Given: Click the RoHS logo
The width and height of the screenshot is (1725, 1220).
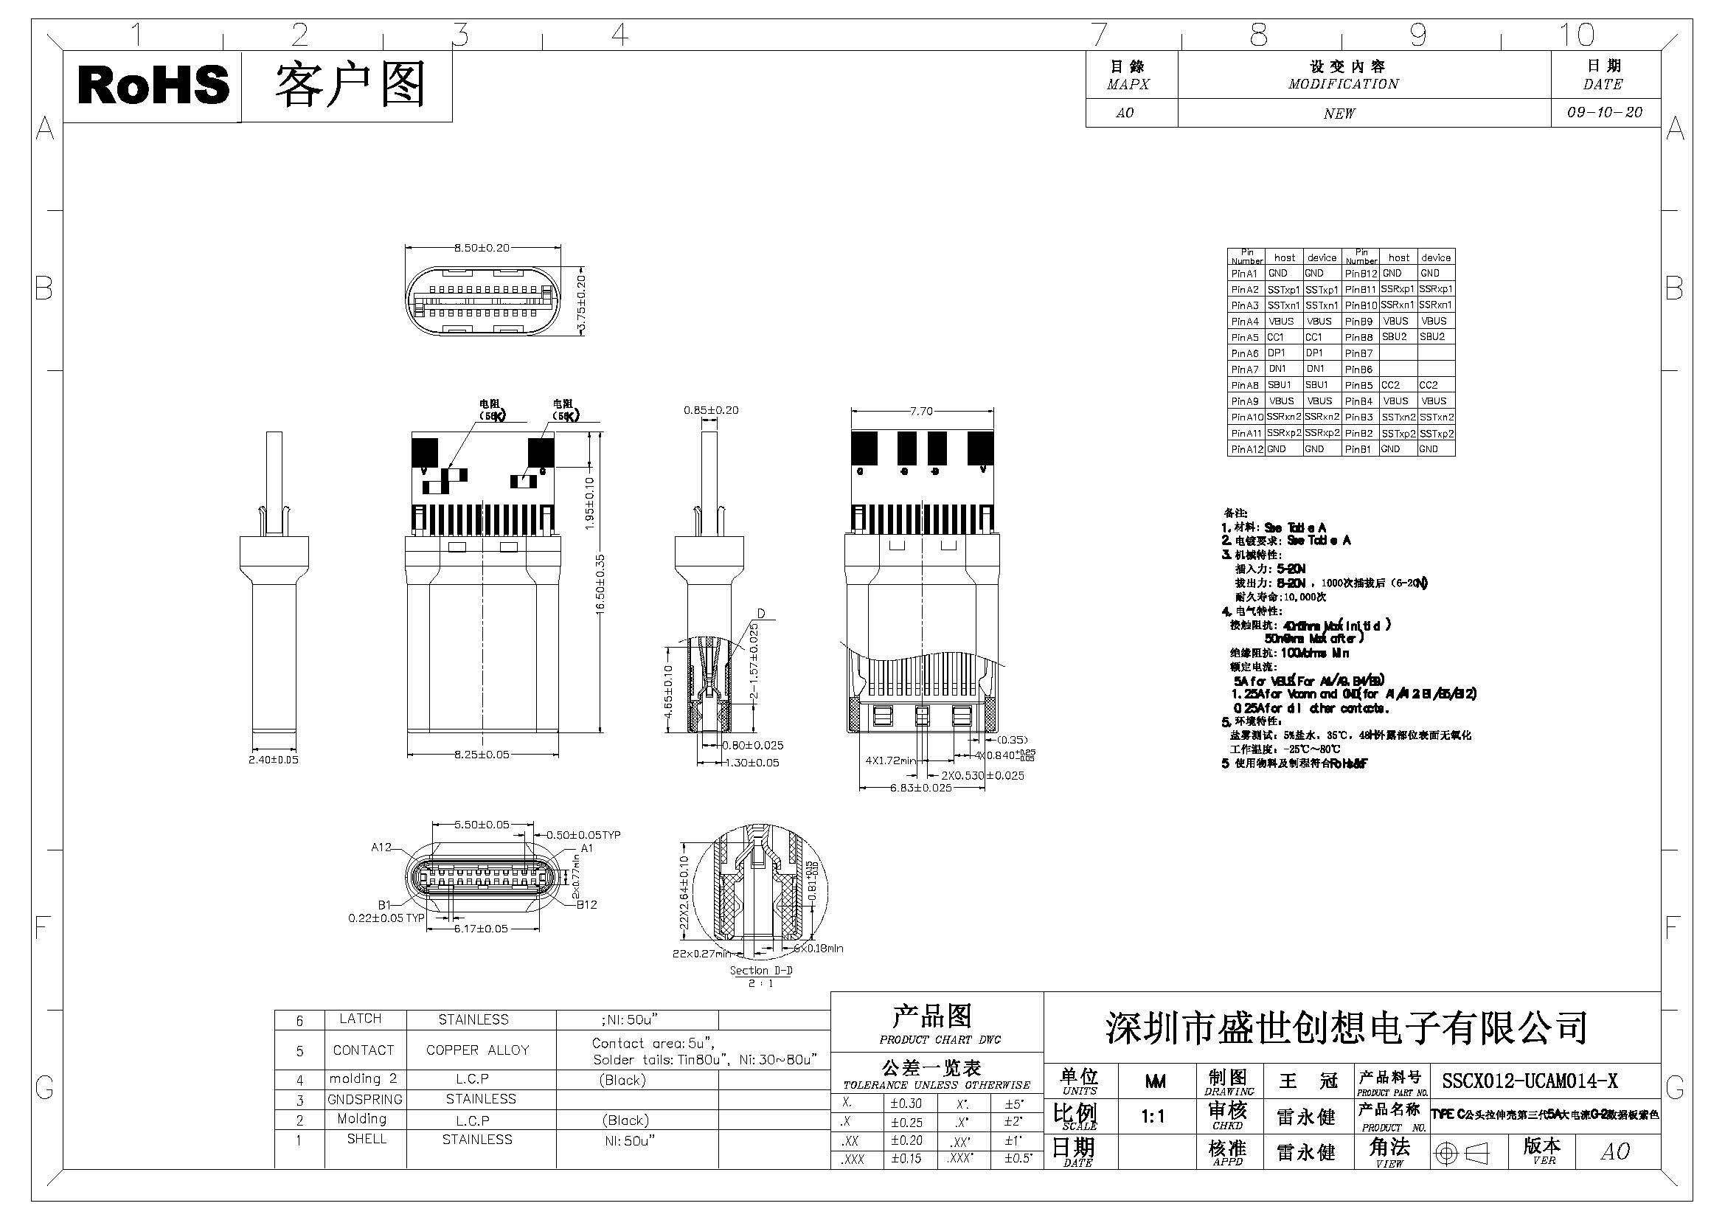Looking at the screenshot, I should [153, 85].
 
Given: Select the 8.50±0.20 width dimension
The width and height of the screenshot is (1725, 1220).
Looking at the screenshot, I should [482, 248].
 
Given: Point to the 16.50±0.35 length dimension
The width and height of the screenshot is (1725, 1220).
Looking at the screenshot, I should [600, 585].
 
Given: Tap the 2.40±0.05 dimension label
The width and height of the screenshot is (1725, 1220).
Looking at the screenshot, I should [274, 760].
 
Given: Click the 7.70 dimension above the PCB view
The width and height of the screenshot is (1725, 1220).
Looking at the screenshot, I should [921, 411].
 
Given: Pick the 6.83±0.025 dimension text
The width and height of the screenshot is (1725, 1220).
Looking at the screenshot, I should [921, 787].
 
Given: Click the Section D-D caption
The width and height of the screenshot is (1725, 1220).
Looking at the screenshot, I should [760, 970].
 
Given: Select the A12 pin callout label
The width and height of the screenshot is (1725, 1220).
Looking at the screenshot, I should [382, 848].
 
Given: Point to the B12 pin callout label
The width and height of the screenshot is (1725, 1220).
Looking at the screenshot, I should [587, 904].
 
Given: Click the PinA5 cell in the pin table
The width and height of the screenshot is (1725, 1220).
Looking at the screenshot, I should [1245, 337].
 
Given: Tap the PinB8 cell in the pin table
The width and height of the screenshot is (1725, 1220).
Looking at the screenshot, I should [1359, 337].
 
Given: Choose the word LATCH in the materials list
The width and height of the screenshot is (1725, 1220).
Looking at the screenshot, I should [361, 1019].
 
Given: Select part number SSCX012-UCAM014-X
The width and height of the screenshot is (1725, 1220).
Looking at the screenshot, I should [1530, 1081].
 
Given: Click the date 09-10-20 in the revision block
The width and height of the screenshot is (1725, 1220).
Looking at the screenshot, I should [1605, 113].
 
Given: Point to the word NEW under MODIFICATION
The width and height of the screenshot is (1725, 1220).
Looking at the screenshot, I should [1339, 114].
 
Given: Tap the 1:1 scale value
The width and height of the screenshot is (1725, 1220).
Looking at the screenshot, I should [1153, 1117].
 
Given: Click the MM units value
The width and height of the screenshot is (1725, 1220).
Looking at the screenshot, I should [1155, 1081].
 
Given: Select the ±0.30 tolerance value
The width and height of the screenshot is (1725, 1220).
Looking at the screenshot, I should [906, 1103].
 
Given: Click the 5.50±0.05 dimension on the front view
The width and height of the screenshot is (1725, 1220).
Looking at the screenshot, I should [482, 825].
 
